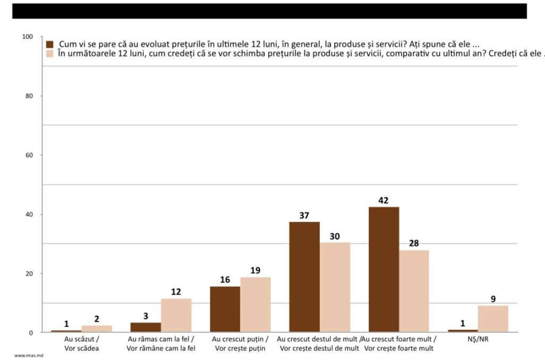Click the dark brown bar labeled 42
click(x=383, y=269)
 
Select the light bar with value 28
click(x=414, y=291)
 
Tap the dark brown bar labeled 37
click(x=304, y=277)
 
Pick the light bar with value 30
click(x=335, y=288)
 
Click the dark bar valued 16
click(x=225, y=309)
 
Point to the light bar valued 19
click(x=255, y=305)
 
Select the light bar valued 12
click(x=176, y=315)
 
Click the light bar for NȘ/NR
click(x=493, y=319)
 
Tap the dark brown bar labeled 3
click(x=146, y=327)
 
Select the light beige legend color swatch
click(x=51, y=53)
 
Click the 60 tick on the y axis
click(x=29, y=156)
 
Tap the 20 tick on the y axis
click(x=29, y=274)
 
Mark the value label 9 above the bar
click(x=493, y=299)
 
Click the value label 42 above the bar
click(x=383, y=201)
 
